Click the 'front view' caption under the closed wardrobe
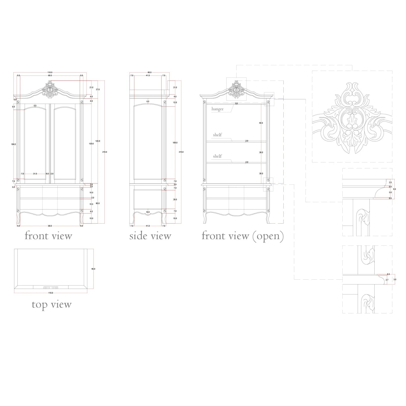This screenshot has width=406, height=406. (48, 236)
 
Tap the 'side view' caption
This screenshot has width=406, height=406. (150, 236)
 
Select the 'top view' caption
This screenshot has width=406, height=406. (51, 304)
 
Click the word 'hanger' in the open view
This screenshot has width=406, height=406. (218, 109)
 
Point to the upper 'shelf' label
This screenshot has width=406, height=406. (217, 135)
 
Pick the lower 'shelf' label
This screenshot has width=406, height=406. (217, 156)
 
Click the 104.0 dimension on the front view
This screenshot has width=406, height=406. (14, 144)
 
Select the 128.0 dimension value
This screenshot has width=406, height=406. (98, 141)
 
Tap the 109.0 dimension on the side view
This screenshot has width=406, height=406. (175, 143)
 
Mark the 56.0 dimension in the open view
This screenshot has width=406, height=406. (261, 123)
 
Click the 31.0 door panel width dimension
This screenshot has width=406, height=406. (35, 174)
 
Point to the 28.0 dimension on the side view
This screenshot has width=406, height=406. (175, 199)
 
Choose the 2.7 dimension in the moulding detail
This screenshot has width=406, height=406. (387, 280)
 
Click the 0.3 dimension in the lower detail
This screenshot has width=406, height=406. (388, 274)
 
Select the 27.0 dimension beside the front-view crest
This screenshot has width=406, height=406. (98, 89)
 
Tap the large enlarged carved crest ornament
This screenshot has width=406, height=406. (352, 118)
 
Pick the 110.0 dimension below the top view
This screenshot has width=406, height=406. (51, 293)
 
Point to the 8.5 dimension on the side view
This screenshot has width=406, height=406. (148, 101)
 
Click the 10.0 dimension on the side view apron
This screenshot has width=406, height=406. (148, 212)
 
